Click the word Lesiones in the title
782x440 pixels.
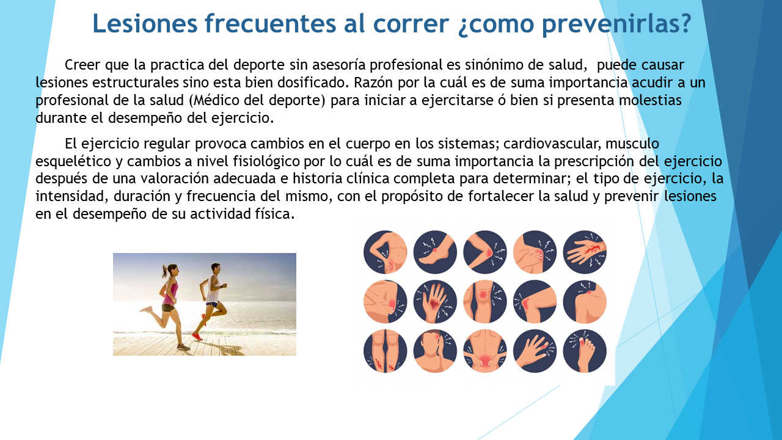pos(145,23)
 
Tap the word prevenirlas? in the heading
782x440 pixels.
pos(616,24)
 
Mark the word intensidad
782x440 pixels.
pos(72,196)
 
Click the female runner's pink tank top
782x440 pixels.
pos(170,292)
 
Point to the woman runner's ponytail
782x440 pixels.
pos(164,272)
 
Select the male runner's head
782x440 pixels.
pos(216,268)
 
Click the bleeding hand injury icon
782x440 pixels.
pos(585,252)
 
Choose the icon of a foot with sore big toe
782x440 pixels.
pos(585,351)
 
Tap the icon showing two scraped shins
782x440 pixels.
pos(385,351)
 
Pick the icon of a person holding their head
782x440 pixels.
pos(435,351)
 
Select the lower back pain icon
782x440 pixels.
pos(485,351)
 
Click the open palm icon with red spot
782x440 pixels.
pos(435,302)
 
